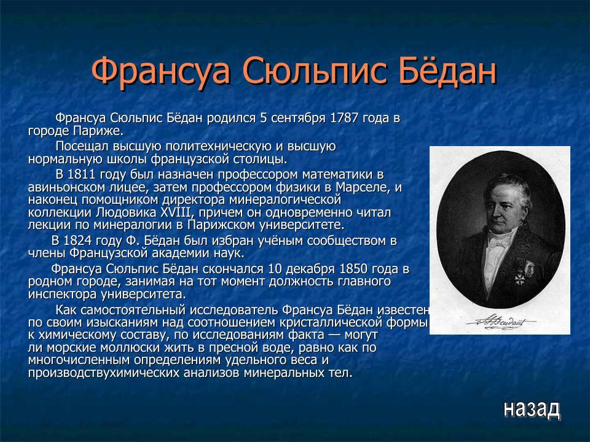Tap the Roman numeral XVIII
[x=176, y=212]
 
